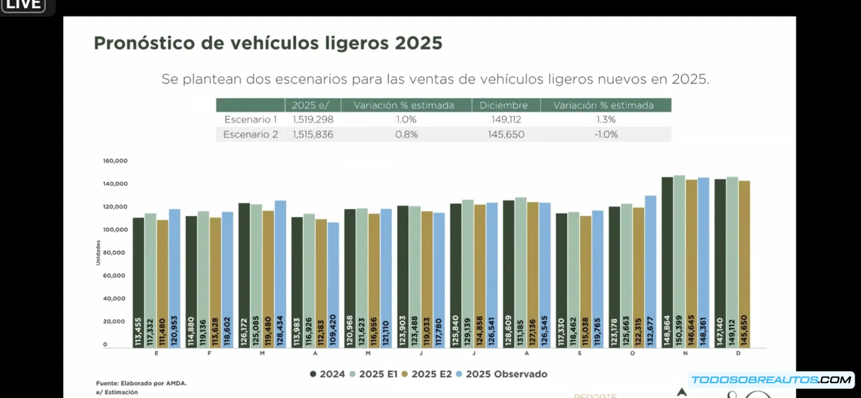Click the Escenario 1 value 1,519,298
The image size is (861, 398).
[313, 119]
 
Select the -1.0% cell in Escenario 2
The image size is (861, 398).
[606, 135]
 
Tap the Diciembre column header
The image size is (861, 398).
[503, 105]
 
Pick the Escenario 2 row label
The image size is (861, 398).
[250, 135]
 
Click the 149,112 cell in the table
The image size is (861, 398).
[506, 119]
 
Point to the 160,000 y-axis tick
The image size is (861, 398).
[115, 161]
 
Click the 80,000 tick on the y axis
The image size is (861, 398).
[114, 253]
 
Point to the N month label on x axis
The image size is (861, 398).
[685, 353]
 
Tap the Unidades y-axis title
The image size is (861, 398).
[98, 253]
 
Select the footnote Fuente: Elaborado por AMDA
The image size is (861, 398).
[141, 383]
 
